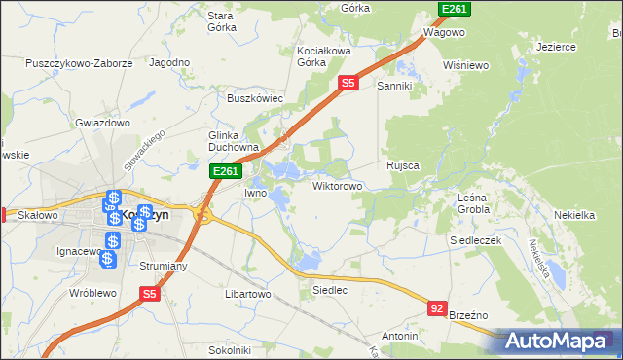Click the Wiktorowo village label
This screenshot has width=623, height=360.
pyautogui.click(x=338, y=185)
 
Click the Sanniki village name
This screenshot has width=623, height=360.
pyautogui.click(x=396, y=86)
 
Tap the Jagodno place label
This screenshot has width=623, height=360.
pyautogui.click(x=168, y=61)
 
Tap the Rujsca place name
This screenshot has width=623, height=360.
pyautogui.click(x=402, y=165)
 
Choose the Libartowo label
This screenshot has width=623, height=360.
pyautogui.click(x=247, y=293)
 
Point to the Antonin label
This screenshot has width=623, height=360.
pyautogui.click(x=399, y=336)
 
